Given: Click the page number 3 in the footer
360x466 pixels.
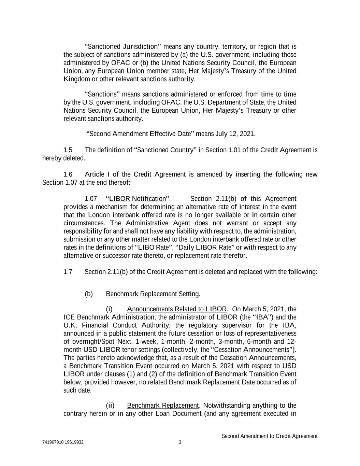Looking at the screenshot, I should [180, 442].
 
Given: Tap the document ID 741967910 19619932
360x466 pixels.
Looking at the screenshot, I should [63, 442].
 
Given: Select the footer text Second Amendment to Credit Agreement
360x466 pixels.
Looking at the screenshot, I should [269, 436].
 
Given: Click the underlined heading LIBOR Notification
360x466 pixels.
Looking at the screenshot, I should [137, 199].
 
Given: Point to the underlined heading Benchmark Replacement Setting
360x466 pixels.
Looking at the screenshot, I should [153, 294].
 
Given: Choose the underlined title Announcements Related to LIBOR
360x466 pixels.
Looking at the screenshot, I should [176, 309].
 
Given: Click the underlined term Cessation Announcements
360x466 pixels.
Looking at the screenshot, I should [251, 350].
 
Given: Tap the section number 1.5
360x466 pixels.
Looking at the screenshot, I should [68, 150].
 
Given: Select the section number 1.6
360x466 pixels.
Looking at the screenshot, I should [68, 175].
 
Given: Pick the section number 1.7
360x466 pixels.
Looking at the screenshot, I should [68, 272].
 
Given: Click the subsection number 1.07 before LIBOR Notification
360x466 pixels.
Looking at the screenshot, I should [91, 199].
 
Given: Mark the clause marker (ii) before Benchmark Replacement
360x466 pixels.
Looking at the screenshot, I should [110, 406].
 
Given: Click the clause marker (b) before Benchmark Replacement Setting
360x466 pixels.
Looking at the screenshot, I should [89, 294].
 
